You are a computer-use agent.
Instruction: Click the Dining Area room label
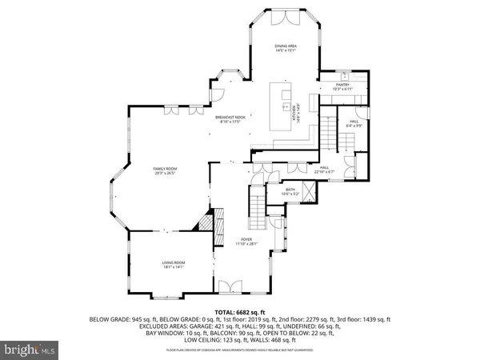(286, 47)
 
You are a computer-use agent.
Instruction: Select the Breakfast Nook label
(234, 118)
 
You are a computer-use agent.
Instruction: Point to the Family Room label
(165, 170)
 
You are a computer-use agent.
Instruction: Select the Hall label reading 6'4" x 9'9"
(354, 122)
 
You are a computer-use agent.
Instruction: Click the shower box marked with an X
(309, 192)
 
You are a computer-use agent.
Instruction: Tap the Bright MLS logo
(30, 350)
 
